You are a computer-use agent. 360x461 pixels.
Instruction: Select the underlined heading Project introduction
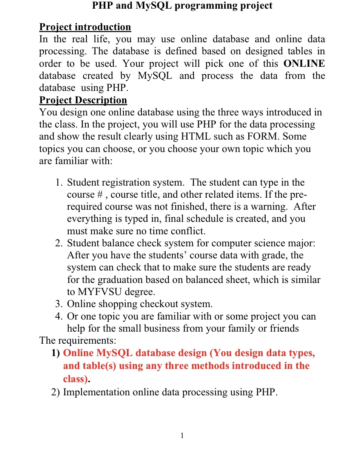[85, 27]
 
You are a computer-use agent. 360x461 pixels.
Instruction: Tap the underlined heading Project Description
[83, 100]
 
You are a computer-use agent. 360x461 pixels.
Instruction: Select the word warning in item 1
[268, 207]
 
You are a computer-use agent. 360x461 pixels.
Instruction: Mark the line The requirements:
[78, 341]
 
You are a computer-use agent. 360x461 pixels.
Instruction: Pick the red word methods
[211, 366]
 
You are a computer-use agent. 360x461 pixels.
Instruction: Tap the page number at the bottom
[182, 436]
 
